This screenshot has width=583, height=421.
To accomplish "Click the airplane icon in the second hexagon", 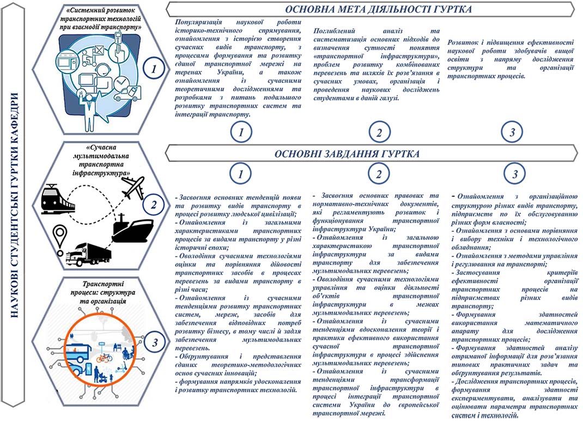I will click(x=132, y=188).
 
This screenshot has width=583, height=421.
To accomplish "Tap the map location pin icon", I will click(x=58, y=237).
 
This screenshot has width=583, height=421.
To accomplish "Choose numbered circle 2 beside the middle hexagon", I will click(x=155, y=206).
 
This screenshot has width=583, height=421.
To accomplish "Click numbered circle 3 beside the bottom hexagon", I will click(x=155, y=342).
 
